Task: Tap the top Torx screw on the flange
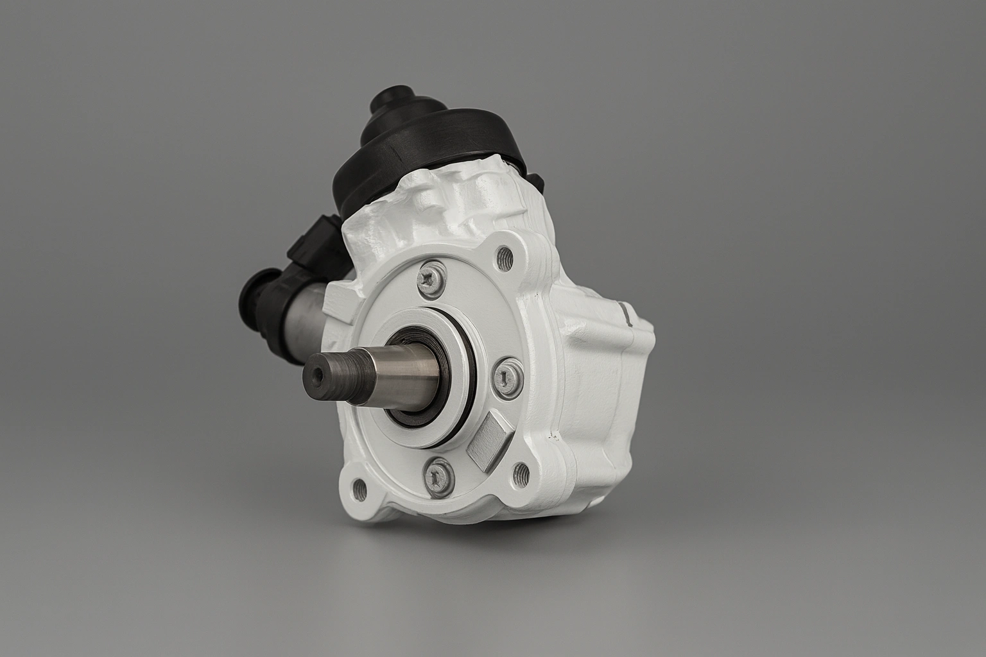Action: coord(429,277)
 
